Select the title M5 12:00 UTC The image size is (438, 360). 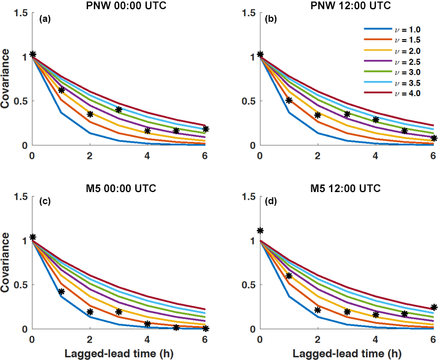coord(346,189)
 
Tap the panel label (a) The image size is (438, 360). coord(44,19)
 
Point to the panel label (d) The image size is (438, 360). coord(272,202)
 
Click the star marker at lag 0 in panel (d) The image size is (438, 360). coord(260,231)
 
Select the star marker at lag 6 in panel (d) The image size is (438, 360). coord(433,308)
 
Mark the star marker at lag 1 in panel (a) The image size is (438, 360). coord(62,90)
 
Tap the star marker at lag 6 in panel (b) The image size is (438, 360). coord(433,138)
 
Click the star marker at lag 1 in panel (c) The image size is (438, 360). coord(62,292)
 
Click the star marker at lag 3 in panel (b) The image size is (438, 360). coord(346,114)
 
